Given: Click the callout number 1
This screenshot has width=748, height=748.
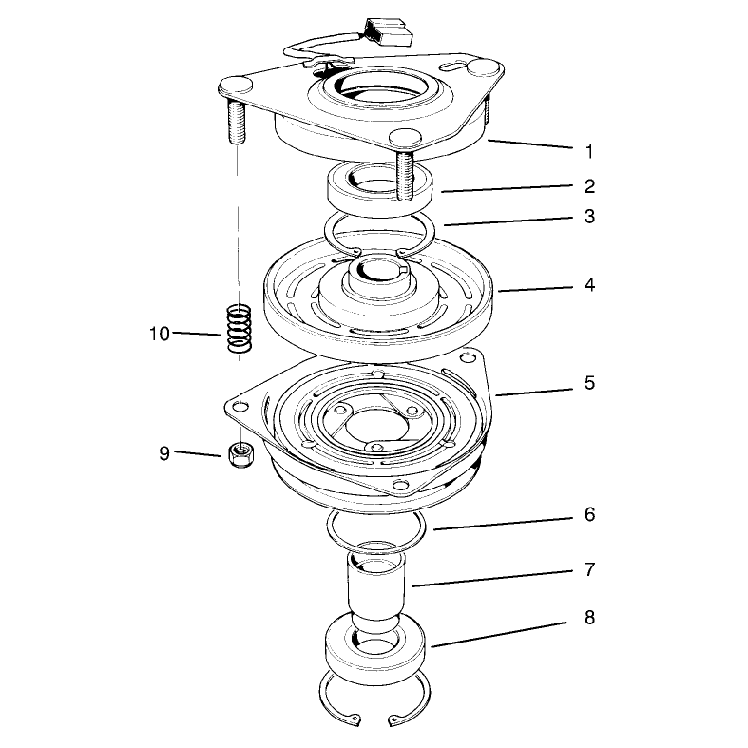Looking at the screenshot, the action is coord(589,152).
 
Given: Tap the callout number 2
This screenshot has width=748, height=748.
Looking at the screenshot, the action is coord(589,186).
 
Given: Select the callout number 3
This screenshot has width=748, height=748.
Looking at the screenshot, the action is coord(589,216).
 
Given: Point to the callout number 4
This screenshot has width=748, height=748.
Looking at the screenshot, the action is coord(589,285).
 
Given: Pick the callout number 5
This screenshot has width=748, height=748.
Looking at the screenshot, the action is coord(589,383).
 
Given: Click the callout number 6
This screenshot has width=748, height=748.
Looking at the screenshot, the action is coord(589,514).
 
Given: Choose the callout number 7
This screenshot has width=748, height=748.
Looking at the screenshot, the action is coord(589,569).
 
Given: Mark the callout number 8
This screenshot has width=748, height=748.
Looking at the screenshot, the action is coord(589,617).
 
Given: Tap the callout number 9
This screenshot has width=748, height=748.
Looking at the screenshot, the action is coord(164,452).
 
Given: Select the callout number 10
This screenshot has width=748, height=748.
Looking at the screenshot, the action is coord(160,334).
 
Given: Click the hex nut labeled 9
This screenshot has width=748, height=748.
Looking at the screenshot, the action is coord(240,454).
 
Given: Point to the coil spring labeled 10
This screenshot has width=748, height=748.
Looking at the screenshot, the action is coord(239,328).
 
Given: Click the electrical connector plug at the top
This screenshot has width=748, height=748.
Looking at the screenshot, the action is coord(388,31).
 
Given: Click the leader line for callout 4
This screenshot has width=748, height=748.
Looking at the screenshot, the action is coord(535,289).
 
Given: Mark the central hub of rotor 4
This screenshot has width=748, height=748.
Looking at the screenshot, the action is coord(377,285).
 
